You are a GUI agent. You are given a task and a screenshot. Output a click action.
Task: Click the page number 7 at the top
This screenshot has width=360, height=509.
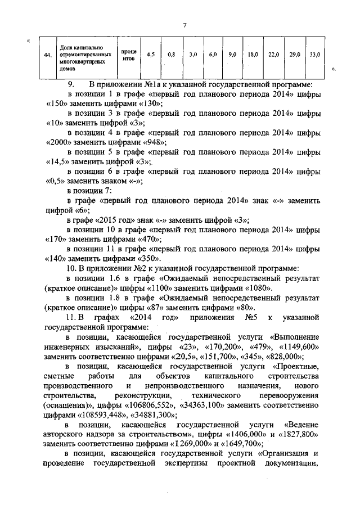click(184, 25)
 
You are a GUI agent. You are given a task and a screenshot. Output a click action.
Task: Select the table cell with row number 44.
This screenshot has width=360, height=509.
click(49, 55)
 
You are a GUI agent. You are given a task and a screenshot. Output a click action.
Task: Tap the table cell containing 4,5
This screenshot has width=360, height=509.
click(151, 55)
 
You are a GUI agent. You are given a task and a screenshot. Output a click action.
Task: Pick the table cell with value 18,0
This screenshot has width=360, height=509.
click(253, 55)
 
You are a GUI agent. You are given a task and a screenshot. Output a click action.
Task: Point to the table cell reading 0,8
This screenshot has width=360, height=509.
click(172, 55)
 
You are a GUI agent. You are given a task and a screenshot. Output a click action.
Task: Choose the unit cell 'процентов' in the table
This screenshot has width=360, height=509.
click(128, 55)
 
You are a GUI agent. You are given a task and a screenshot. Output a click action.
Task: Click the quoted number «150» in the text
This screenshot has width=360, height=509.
click(56, 104)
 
